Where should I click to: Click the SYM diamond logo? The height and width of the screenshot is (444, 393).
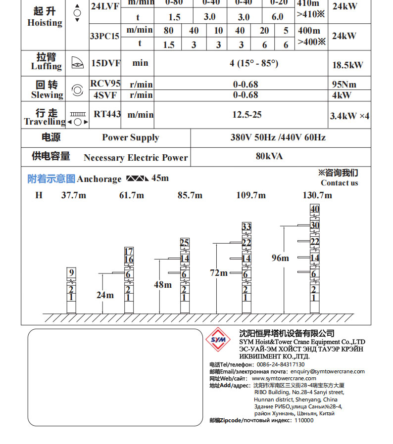(x=218, y=340)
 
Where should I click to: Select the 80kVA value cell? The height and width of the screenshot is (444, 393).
(x=269, y=156)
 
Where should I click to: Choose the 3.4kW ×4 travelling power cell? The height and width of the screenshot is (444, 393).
(x=349, y=116)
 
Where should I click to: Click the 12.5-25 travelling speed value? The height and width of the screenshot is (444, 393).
(x=247, y=115)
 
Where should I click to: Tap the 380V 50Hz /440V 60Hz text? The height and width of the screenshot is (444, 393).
(x=278, y=137)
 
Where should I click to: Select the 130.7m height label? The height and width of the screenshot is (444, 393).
(x=317, y=195)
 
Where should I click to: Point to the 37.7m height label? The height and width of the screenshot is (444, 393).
(x=73, y=195)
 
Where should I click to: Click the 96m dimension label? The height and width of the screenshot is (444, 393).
(x=280, y=258)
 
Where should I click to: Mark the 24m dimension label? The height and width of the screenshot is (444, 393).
(x=105, y=295)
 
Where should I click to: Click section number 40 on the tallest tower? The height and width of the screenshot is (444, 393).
(x=315, y=209)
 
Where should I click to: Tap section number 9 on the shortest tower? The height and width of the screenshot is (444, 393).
(x=71, y=272)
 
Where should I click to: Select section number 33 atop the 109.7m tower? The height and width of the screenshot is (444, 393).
(x=246, y=227)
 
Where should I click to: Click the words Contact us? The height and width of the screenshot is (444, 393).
(x=339, y=183)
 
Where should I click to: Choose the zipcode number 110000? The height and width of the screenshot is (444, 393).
(x=304, y=420)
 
